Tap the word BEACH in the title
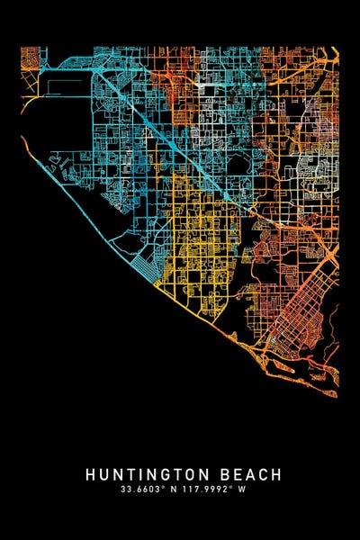point(253,474)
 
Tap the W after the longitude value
point(240,490)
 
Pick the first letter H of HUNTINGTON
point(92,474)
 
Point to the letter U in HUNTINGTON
point(104,474)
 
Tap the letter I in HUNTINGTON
point(143,474)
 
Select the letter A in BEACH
point(253,474)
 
